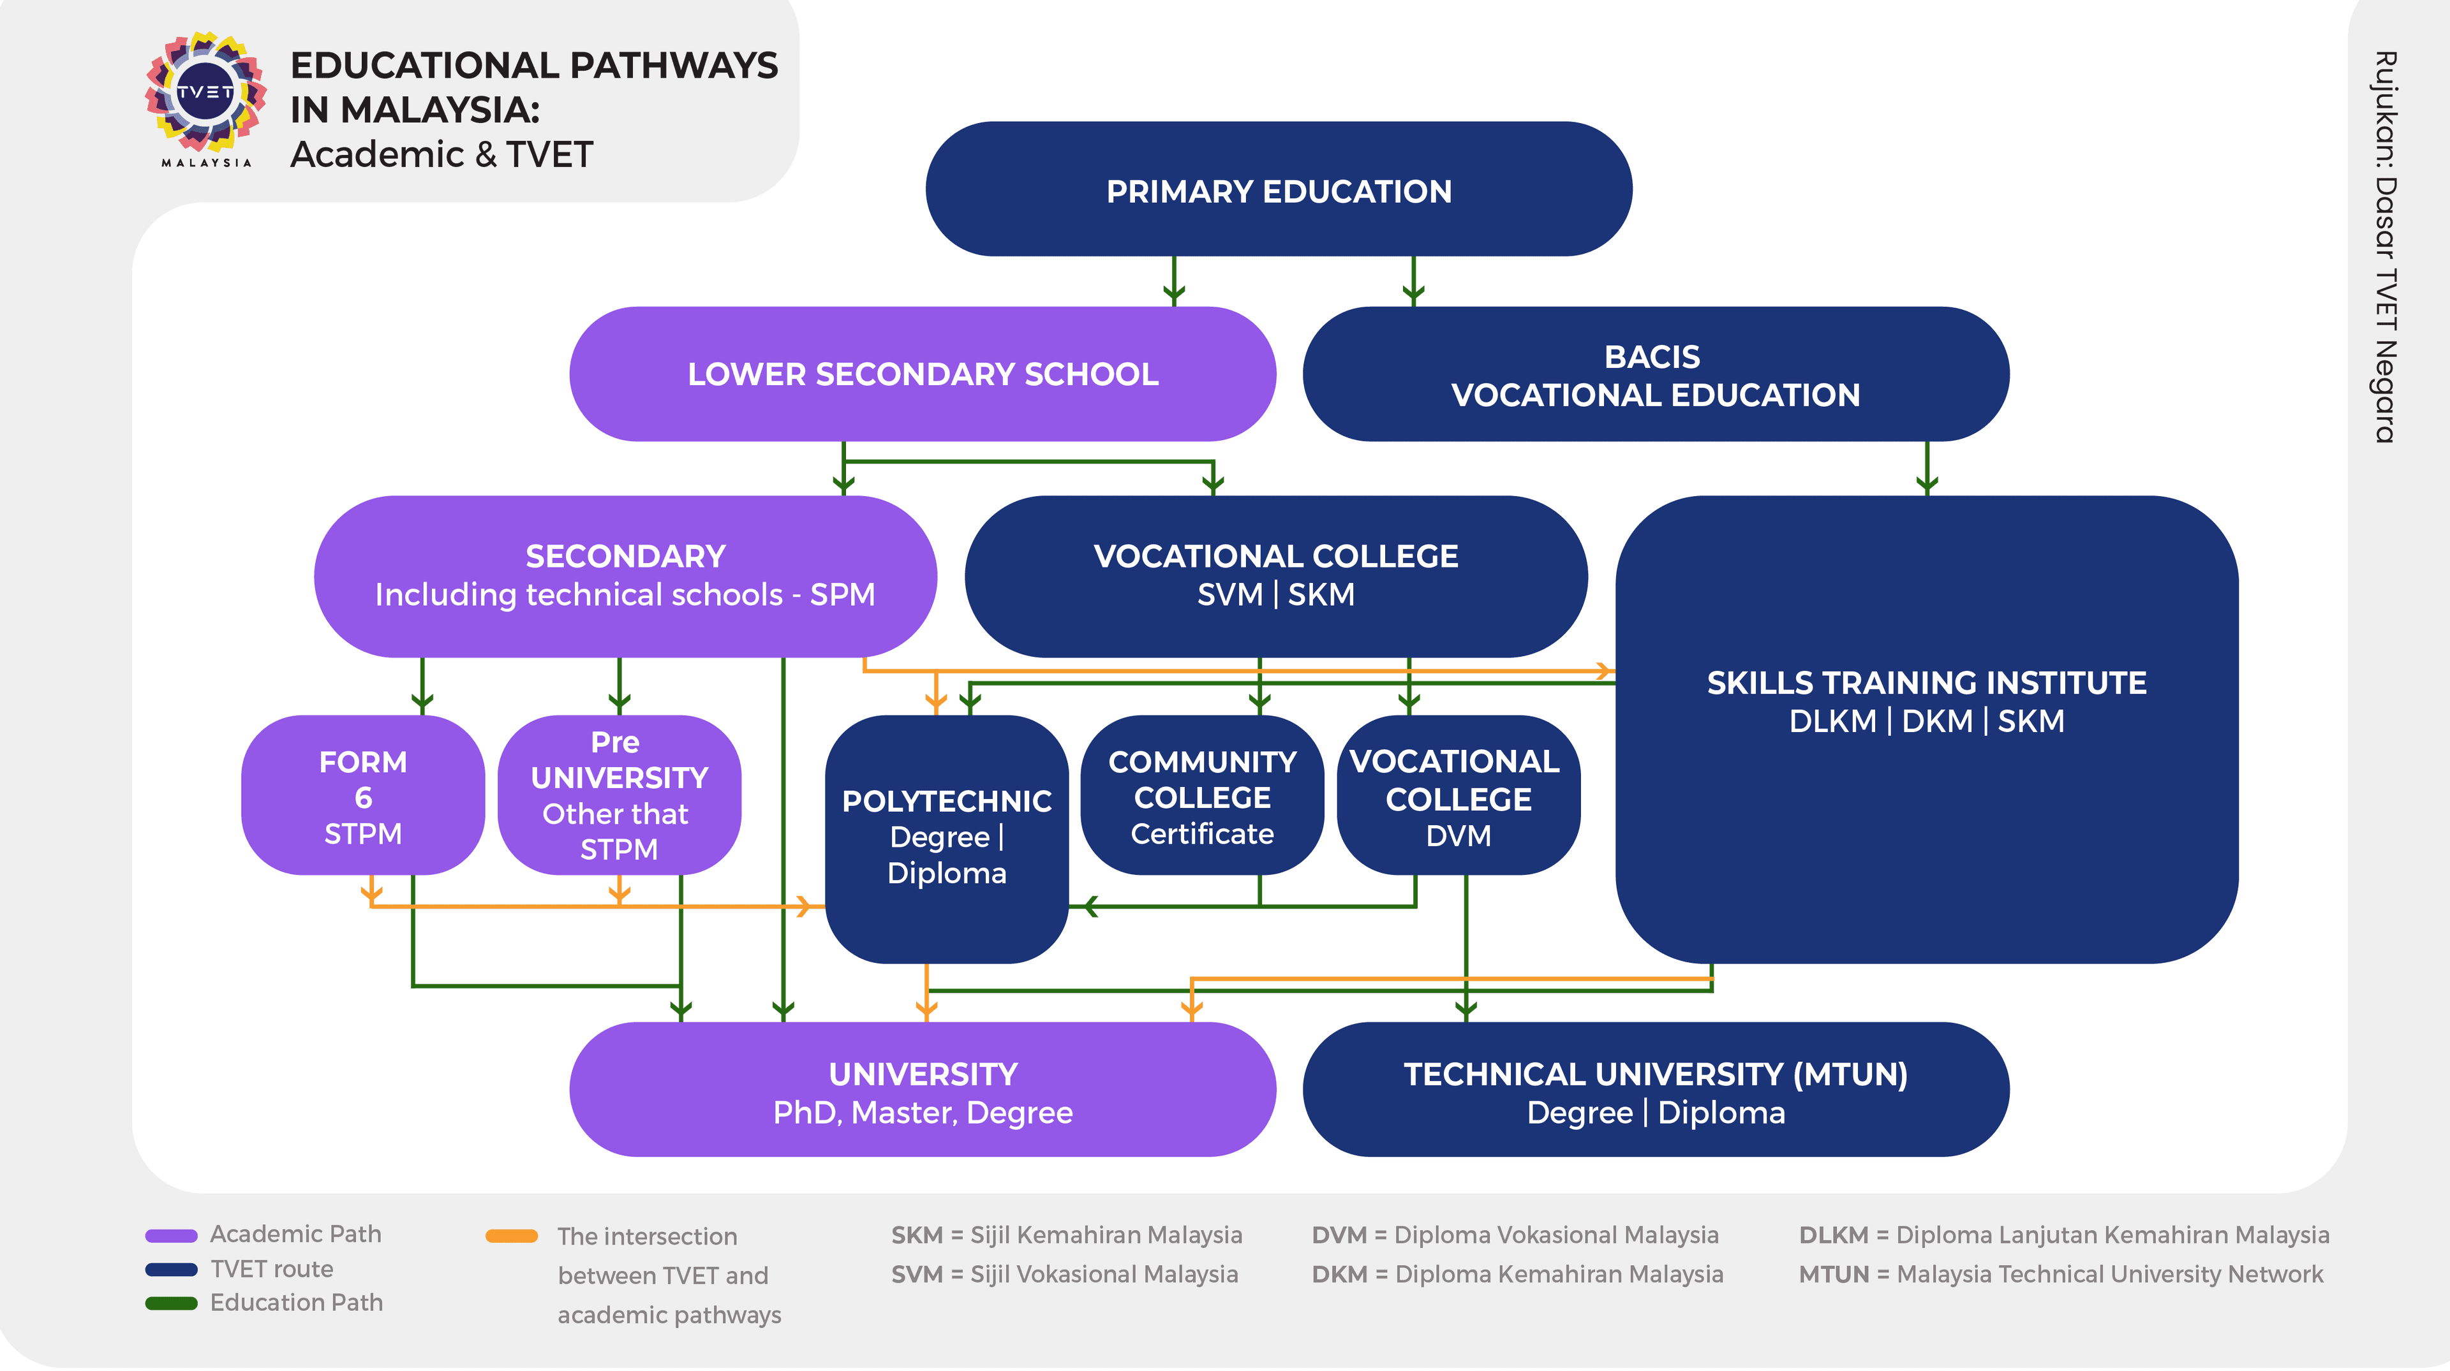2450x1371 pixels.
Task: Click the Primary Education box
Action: [x=1278, y=189]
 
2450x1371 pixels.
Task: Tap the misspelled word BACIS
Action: [x=1651, y=356]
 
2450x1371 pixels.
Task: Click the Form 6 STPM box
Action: [x=362, y=796]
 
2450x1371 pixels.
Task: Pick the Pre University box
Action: [x=618, y=796]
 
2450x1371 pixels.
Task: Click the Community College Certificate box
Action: [x=1202, y=796]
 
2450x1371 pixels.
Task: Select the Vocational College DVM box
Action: [x=1458, y=796]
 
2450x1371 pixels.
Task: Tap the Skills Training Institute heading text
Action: [x=1926, y=683]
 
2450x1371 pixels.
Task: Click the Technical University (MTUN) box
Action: [x=1655, y=1090]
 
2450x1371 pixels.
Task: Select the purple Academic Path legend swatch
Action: [x=171, y=1236]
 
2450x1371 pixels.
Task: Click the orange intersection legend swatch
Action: [x=512, y=1236]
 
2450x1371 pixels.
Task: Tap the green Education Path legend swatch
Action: [x=171, y=1303]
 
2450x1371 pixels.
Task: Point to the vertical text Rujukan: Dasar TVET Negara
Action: [x=2384, y=247]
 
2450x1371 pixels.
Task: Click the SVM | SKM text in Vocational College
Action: [x=1275, y=594]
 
